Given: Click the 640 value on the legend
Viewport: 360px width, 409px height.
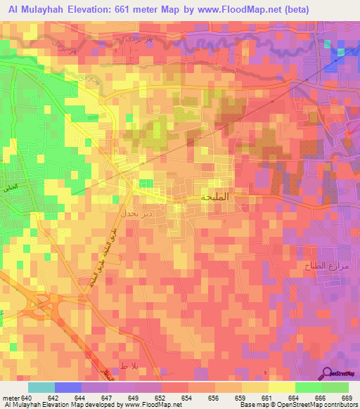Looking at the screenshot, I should [27, 398].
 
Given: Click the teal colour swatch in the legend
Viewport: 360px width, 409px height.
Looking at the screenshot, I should [41, 388].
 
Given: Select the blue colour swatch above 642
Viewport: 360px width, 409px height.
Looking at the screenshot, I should [68, 388].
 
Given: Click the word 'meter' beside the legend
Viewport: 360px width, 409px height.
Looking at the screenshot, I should [11, 398].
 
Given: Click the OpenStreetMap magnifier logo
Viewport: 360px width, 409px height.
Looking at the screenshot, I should [326, 372].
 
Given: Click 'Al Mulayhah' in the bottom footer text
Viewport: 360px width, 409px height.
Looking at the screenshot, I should [23, 405].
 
